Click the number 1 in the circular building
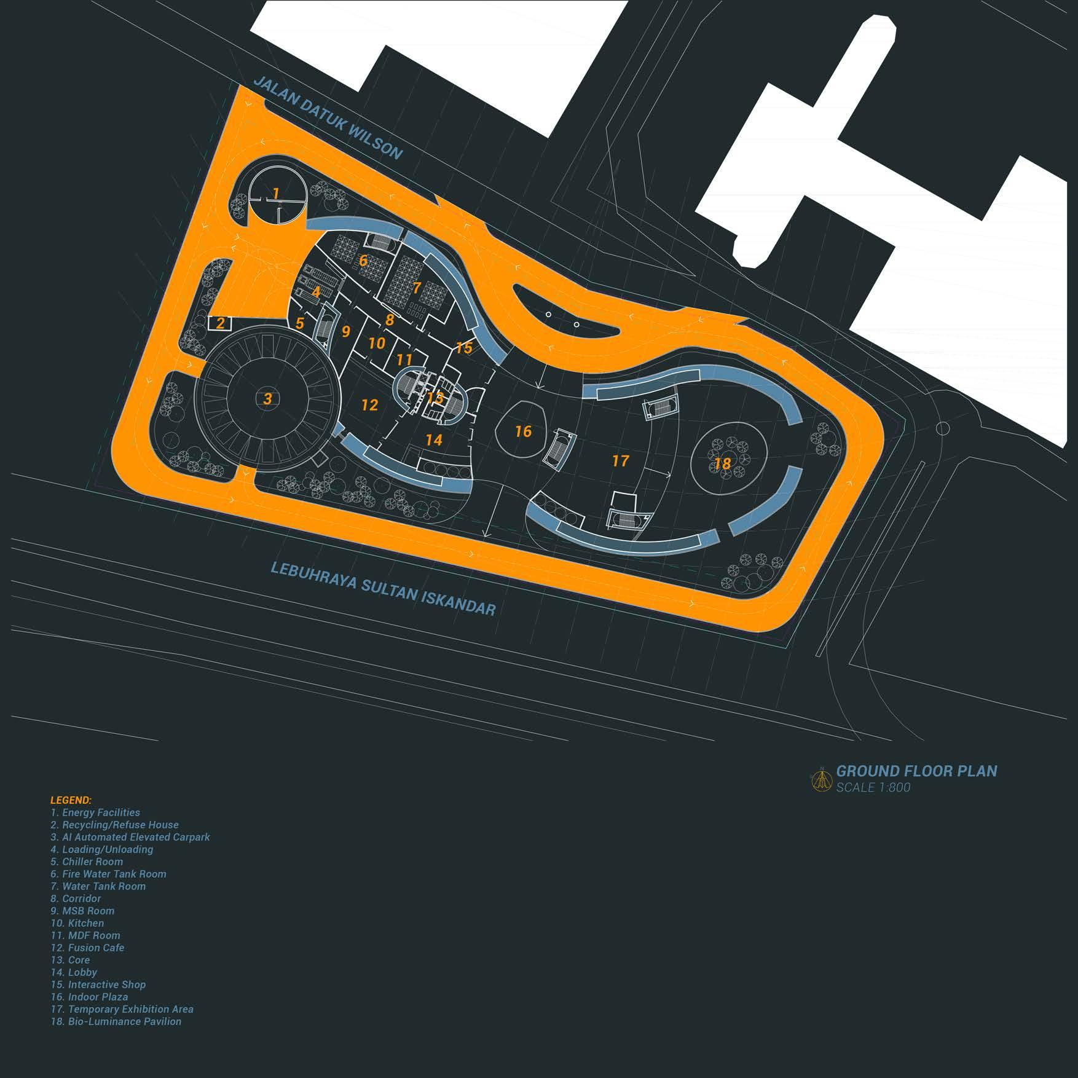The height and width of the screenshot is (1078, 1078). click(x=277, y=194)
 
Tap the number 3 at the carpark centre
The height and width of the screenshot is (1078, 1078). click(x=267, y=398)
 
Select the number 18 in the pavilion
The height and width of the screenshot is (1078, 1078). click(x=723, y=463)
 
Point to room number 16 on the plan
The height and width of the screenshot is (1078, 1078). click(x=523, y=431)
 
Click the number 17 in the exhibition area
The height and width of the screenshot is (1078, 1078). click(x=621, y=460)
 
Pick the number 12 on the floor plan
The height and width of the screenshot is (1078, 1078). click(x=369, y=405)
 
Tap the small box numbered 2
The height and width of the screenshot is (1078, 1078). click(x=220, y=323)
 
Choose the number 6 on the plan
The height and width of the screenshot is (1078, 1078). click(x=363, y=261)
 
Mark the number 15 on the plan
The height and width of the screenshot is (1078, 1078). click(x=464, y=348)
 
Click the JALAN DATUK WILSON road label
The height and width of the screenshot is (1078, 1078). click(x=328, y=117)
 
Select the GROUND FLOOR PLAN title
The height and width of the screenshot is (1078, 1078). click(x=916, y=771)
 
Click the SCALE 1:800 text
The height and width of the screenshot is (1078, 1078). click(x=873, y=787)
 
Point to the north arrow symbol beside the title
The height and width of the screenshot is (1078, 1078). click(x=822, y=779)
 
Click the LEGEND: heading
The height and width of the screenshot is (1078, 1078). click(x=71, y=800)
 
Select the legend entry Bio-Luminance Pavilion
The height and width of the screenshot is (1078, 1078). click(x=116, y=1021)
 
